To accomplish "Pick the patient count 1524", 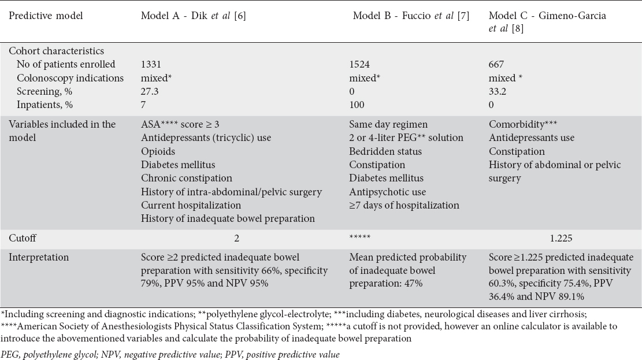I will point(360,64).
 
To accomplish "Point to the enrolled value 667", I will point(496,64).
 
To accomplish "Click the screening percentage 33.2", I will point(498,91).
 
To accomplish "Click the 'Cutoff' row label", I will point(21,237).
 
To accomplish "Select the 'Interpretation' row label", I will point(35,257).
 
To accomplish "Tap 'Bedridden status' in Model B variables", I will point(385,151).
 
